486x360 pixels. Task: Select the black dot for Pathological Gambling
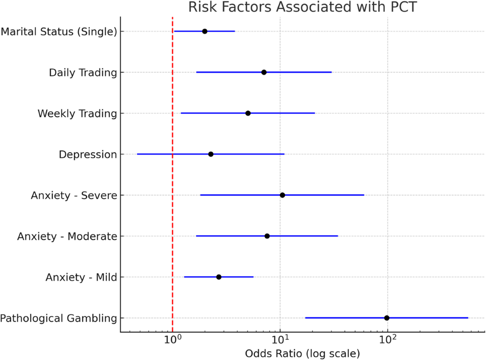(x=387, y=318)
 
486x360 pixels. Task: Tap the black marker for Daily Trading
(x=264, y=72)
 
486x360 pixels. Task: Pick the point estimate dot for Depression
(x=211, y=154)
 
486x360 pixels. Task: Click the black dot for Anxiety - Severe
(x=282, y=195)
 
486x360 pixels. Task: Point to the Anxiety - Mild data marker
(x=219, y=277)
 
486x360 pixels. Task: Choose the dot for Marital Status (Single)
(x=205, y=31)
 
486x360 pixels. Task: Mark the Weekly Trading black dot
(x=248, y=113)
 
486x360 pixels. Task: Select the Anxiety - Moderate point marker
(x=267, y=236)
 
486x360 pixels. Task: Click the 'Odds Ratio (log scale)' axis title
(x=302, y=354)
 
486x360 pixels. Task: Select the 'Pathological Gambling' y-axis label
(x=58, y=318)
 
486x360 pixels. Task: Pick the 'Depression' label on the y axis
(x=87, y=154)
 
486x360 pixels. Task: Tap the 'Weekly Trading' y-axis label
(x=77, y=113)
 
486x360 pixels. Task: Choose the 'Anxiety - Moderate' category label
(x=67, y=236)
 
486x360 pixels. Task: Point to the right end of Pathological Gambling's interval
(x=467, y=318)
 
